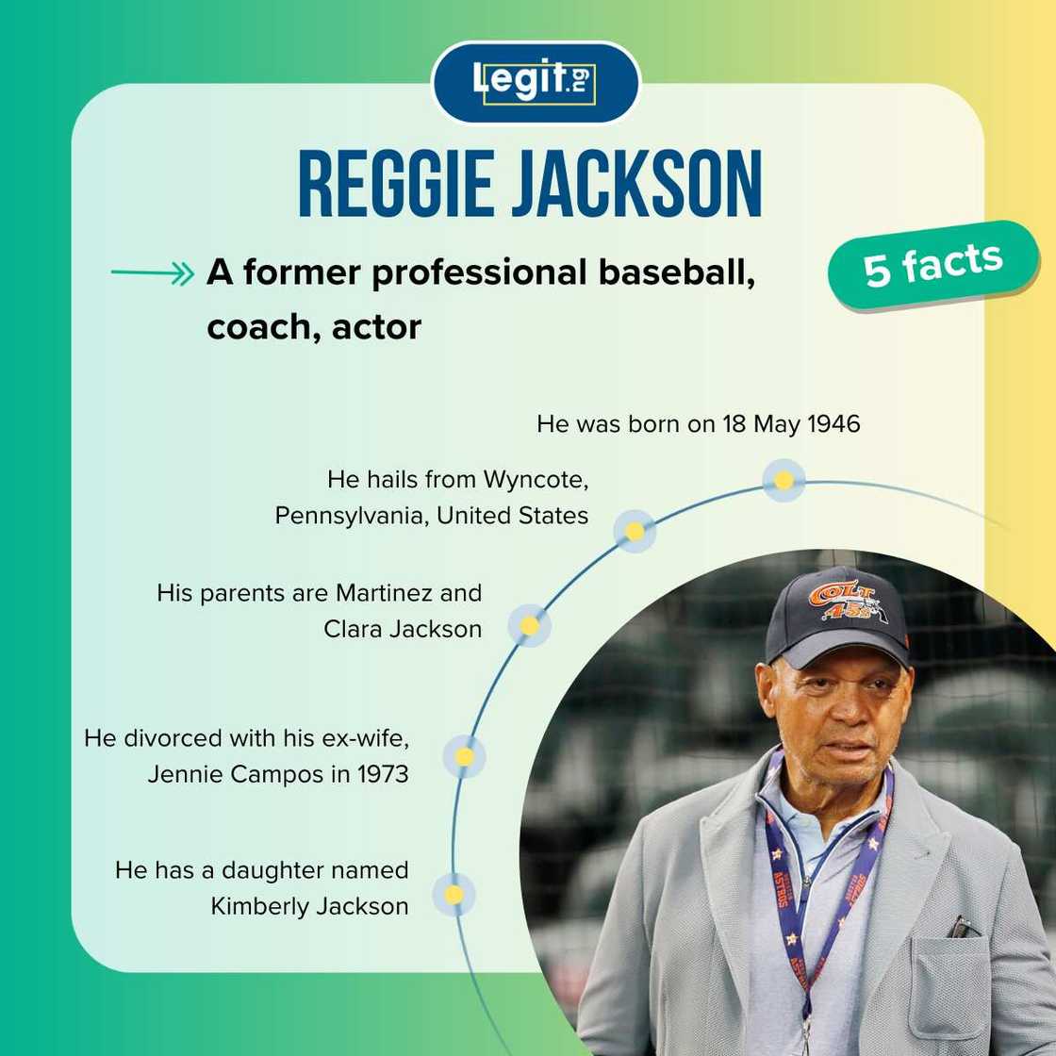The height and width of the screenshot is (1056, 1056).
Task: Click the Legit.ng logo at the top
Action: pyautogui.click(x=536, y=82)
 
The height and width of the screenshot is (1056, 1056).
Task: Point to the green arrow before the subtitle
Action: pyautogui.click(x=152, y=274)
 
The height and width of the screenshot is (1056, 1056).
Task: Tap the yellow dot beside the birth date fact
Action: pyautogui.click(x=783, y=480)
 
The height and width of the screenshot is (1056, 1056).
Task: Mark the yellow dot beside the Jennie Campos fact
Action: pyautogui.click(x=464, y=756)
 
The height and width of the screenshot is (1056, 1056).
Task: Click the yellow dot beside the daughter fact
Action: pyautogui.click(x=454, y=894)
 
